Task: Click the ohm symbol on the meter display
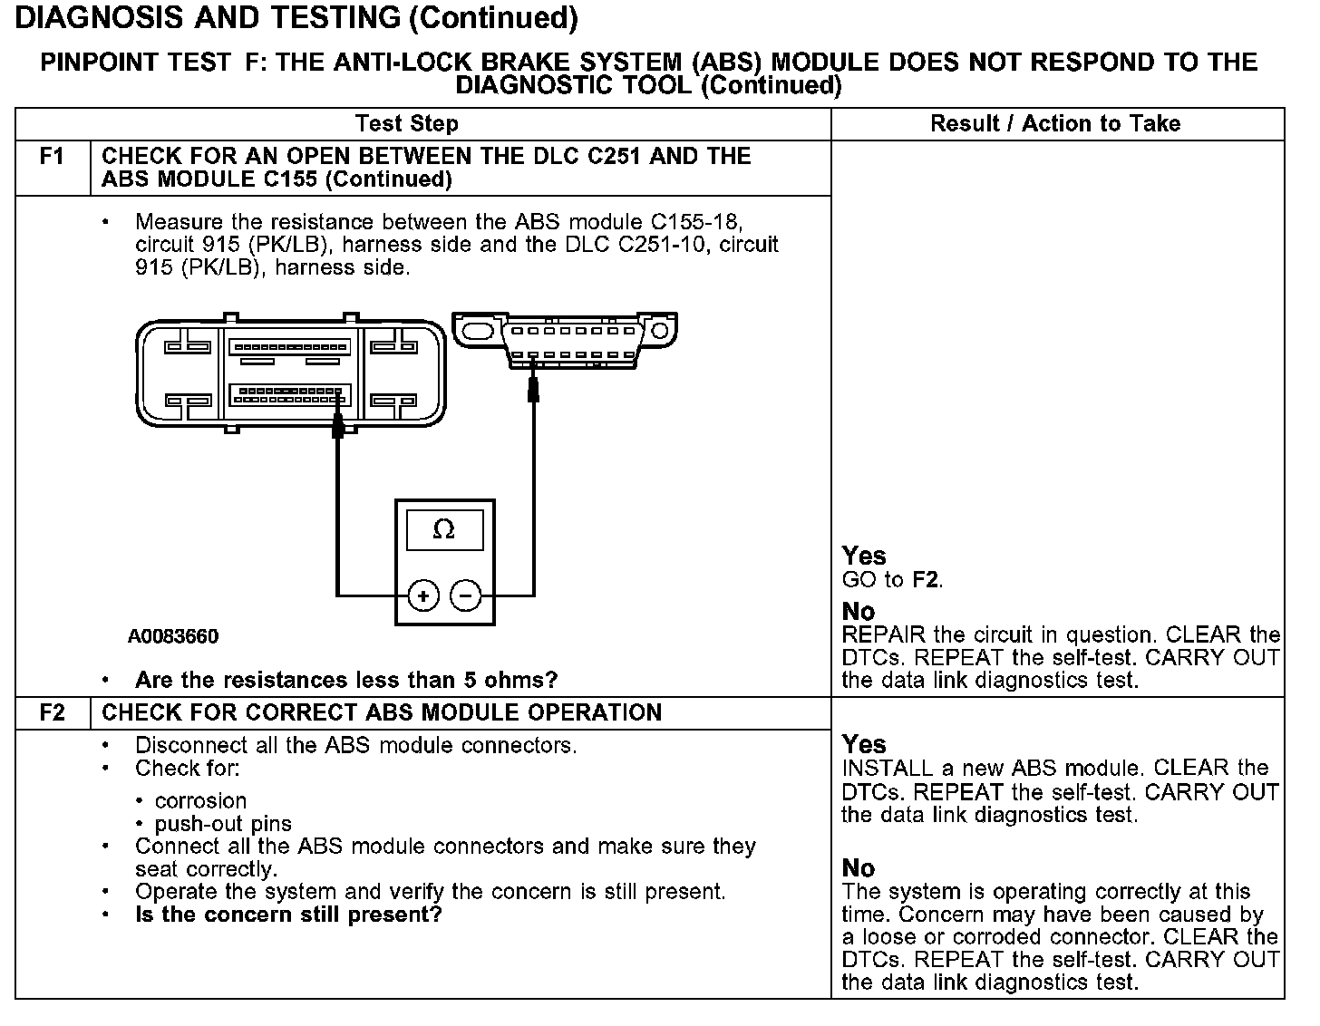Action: [x=443, y=529]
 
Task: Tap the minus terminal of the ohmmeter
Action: [x=466, y=595]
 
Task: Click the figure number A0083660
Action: [x=173, y=637]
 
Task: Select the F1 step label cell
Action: [x=53, y=157]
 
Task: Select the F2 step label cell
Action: [x=53, y=712]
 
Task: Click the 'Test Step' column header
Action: [x=407, y=124]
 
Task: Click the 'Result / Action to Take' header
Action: [x=1055, y=124]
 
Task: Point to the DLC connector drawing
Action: [x=565, y=340]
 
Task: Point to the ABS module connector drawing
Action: [x=290, y=373]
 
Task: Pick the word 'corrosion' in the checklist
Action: [x=200, y=801]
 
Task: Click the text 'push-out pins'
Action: [x=223, y=824]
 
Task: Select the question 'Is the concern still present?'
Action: [x=288, y=915]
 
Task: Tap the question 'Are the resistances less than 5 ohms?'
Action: [x=346, y=680]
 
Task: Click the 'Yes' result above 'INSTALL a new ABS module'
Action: [x=863, y=745]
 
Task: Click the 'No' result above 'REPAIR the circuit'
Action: [x=858, y=612]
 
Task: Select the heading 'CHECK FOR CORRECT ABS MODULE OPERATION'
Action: [x=382, y=712]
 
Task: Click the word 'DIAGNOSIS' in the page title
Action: [x=94, y=17]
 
